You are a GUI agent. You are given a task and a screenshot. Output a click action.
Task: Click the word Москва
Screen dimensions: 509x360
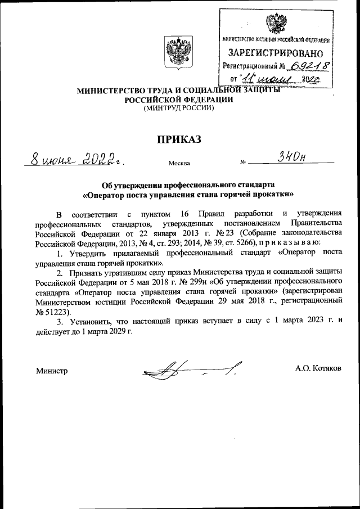179,164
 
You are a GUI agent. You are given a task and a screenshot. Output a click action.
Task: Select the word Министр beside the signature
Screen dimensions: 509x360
52,371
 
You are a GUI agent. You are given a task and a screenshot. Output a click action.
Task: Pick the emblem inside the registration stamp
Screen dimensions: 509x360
275,24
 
